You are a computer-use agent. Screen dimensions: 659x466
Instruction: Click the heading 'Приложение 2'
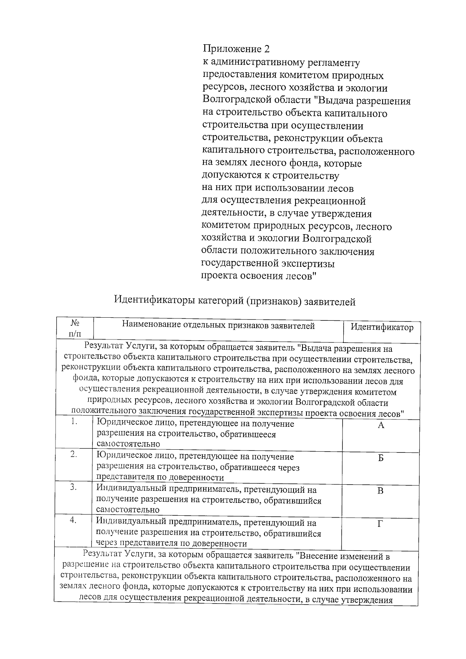236,49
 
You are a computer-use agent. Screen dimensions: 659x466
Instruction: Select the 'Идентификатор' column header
382,327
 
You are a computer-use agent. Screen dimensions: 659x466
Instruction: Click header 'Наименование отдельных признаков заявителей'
218,326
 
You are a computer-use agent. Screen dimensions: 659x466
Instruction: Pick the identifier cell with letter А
381,426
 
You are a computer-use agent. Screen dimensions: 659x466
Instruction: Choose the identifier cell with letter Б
381,458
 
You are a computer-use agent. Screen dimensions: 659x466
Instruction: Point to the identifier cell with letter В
381,491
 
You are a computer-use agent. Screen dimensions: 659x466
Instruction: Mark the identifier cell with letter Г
381,524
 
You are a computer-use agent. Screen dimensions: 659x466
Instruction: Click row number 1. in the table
75,422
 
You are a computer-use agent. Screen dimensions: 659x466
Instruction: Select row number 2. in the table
75,454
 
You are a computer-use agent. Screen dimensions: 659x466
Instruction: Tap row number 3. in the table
75,487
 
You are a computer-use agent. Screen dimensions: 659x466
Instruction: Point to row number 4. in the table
75,520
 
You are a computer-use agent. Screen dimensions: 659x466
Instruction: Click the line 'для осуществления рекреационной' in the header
284,201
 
